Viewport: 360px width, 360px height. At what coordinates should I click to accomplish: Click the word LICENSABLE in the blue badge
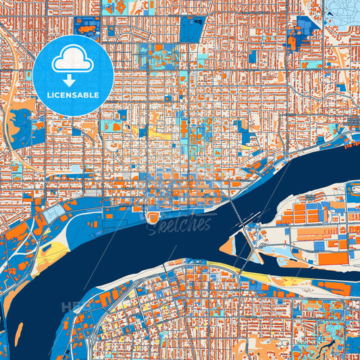coord(73,95)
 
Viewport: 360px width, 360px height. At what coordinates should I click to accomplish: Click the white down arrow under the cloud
coord(73,80)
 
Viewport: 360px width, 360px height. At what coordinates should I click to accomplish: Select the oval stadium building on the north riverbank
coord(154,217)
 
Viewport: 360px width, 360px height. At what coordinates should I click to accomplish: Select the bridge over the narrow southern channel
coord(253,259)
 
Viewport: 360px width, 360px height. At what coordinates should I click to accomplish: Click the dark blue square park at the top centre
coord(191,29)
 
